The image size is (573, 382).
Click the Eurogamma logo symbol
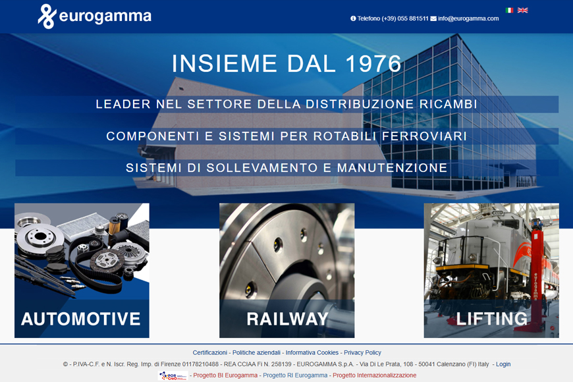[47, 16]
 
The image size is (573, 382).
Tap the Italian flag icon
[509, 11]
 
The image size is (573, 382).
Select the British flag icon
[522, 11]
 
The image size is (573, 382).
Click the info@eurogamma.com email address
[468, 18]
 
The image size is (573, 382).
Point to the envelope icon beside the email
[433, 18]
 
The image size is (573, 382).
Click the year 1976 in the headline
[373, 63]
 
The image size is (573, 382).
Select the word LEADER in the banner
[123, 104]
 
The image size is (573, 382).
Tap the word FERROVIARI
[424, 136]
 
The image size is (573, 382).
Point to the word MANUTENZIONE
[392, 168]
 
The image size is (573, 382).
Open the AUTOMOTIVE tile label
[81, 319]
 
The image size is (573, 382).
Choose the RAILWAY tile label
[287, 319]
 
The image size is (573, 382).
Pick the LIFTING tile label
[492, 319]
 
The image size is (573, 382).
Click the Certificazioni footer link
[209, 352]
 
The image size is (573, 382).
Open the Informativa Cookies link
[312, 352]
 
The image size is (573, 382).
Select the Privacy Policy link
[362, 352]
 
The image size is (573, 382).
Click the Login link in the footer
[503, 364]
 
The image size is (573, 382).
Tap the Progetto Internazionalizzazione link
[374, 375]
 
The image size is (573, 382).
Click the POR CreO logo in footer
[173, 375]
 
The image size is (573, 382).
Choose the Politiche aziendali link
[256, 352]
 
